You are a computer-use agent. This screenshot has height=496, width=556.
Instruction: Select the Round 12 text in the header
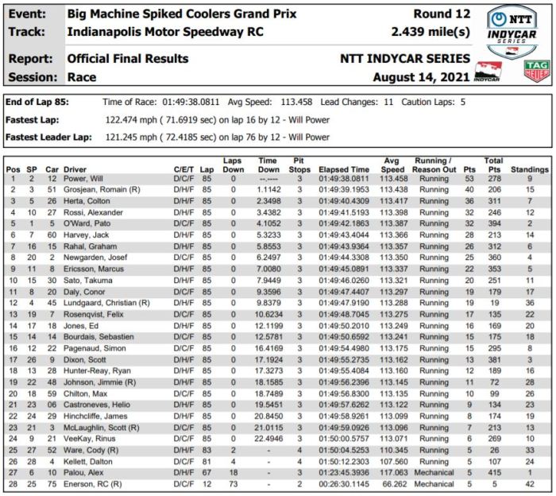(x=442, y=14)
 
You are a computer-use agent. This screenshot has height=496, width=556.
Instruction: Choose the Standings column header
(x=529, y=170)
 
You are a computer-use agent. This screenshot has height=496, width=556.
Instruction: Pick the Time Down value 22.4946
(x=268, y=437)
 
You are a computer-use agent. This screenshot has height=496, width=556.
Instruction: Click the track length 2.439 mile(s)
(x=431, y=33)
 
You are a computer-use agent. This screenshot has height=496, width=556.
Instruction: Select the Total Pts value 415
(x=493, y=471)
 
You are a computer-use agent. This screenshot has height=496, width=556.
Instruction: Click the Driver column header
(x=75, y=170)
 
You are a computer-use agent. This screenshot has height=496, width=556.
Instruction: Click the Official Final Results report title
(x=128, y=59)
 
